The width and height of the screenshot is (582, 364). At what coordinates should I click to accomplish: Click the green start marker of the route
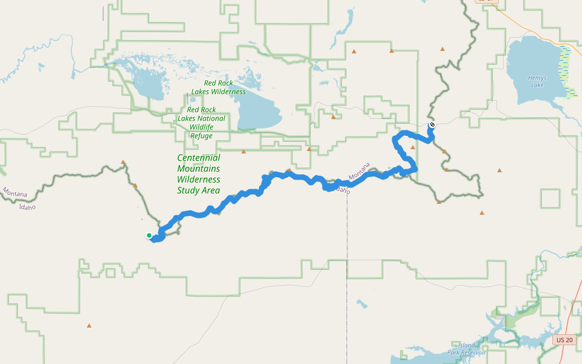click(149, 235)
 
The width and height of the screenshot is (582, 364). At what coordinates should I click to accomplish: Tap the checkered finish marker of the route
click(432, 125)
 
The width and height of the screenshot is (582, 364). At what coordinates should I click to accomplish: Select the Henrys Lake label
click(537, 81)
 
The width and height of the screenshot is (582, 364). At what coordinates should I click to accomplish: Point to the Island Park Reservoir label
click(466, 349)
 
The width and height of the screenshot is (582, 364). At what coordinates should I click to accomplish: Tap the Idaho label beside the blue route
click(341, 190)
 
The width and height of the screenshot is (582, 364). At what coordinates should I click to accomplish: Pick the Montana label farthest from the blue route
click(14, 194)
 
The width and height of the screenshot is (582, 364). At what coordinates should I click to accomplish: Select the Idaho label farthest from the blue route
click(27, 207)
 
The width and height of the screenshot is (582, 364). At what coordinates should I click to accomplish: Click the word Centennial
click(198, 158)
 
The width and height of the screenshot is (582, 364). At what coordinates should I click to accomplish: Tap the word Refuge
click(201, 136)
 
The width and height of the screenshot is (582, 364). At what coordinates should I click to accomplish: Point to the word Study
click(187, 190)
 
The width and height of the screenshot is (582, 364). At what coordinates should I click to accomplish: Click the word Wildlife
click(201, 127)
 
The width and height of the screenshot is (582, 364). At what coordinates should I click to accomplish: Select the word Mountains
click(198, 169)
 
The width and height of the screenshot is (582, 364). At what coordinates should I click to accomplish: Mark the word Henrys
click(537, 78)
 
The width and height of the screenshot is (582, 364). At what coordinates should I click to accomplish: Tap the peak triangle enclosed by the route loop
click(413, 147)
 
